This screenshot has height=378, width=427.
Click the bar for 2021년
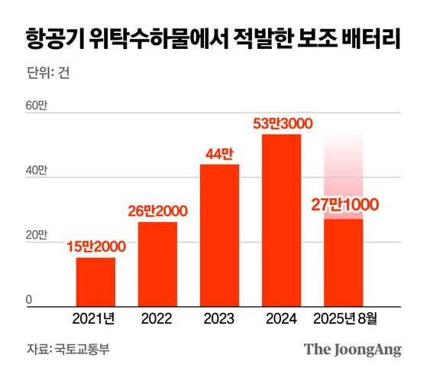(95, 281)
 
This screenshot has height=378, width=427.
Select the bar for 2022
(157, 263)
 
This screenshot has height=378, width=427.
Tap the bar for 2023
(219, 234)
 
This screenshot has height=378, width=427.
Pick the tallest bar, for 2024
(282, 219)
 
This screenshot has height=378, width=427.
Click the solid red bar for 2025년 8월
(343, 262)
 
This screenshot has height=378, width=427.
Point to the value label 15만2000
(95, 246)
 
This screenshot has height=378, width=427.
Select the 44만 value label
(219, 153)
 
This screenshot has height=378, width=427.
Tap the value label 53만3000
(282, 123)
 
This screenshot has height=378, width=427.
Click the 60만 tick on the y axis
(37, 107)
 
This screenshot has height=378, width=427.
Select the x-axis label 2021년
(95, 318)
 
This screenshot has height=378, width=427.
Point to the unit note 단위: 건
(48, 75)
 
